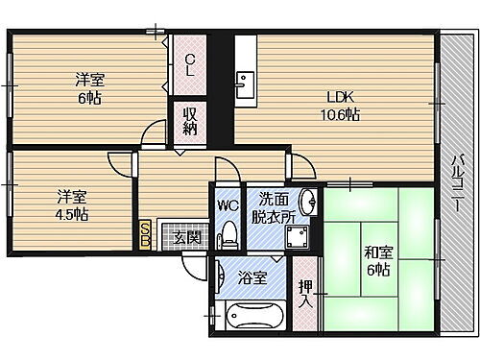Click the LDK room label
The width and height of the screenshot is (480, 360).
point(342,97)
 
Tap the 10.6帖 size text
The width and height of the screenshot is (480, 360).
point(342,114)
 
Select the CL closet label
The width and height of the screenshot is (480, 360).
point(190,65)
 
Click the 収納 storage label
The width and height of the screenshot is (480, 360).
point(190,122)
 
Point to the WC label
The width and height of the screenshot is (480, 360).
point(227,204)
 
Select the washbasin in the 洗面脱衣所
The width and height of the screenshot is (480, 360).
point(307,204)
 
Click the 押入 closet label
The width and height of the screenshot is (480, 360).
point(304,293)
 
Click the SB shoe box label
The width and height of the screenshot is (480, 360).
point(145,234)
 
